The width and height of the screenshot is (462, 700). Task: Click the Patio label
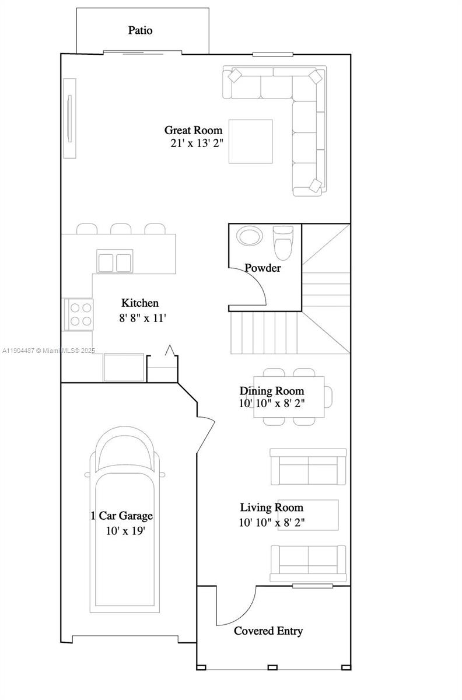(141, 30)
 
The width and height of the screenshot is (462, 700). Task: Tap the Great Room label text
(193, 130)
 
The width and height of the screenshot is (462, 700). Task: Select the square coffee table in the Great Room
(250, 141)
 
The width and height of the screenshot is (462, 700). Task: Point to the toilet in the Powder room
(284, 242)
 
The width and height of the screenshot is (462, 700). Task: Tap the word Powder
(262, 268)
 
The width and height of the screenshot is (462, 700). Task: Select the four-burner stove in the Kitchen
(78, 314)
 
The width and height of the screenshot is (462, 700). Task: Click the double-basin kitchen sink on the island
(114, 262)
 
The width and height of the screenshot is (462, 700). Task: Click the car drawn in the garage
(124, 519)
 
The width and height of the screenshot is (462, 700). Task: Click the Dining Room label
(272, 391)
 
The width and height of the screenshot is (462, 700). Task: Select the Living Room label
(272, 508)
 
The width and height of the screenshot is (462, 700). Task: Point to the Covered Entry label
(268, 631)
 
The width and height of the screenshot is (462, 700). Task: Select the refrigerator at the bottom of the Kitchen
(124, 367)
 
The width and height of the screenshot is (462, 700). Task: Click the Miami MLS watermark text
(49, 351)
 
